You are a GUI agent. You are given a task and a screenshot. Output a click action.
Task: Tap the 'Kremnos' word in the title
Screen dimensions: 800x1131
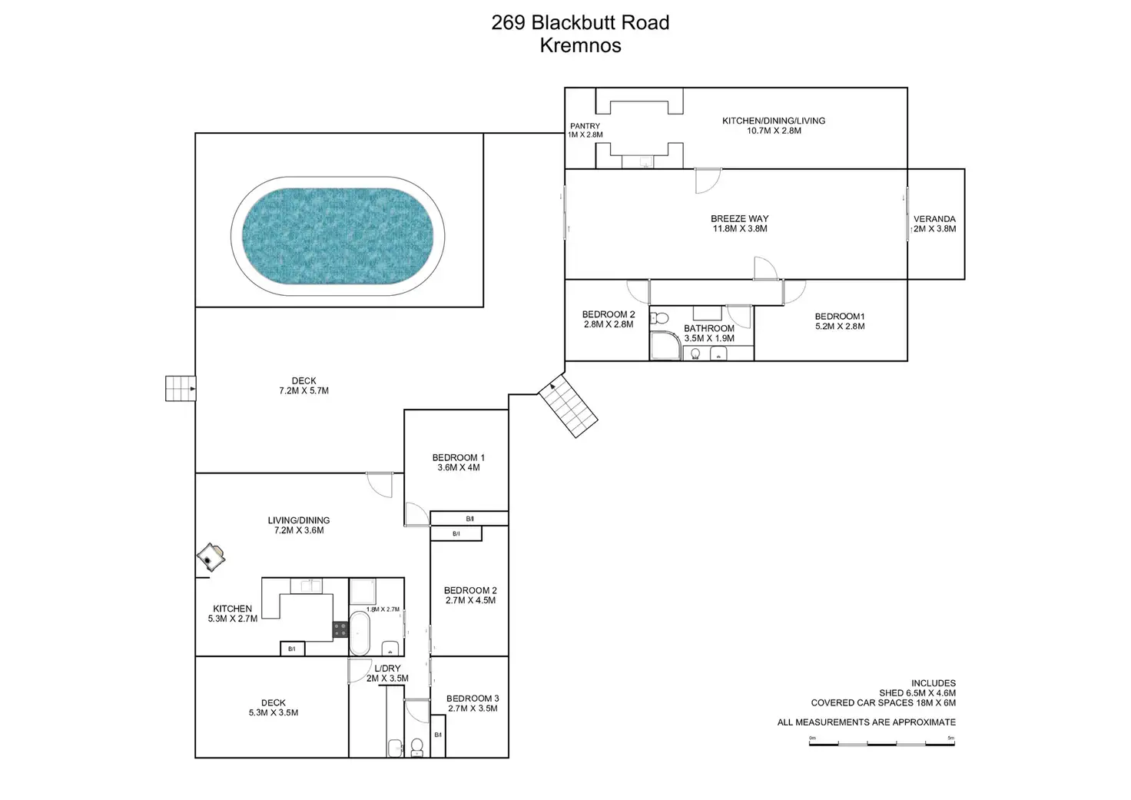[580, 45]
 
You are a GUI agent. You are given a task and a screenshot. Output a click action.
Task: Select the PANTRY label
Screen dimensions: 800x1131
[585, 126]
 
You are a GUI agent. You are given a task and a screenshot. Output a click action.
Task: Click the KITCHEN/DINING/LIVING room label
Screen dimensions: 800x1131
[773, 121]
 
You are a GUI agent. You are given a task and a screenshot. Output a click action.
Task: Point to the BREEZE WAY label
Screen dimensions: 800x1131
[739, 219]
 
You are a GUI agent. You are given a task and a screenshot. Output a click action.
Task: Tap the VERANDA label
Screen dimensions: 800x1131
[934, 219]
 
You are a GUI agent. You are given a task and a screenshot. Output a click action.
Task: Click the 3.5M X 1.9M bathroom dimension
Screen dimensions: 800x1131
[709, 338]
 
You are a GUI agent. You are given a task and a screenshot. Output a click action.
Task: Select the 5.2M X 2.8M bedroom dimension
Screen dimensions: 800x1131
[840, 327]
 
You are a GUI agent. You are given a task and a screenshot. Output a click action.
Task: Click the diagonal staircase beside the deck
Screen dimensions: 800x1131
[568, 407]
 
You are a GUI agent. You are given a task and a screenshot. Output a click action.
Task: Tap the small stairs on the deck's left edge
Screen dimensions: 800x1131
[180, 388]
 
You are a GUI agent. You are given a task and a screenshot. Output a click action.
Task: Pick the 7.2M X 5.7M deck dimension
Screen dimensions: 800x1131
[303, 391]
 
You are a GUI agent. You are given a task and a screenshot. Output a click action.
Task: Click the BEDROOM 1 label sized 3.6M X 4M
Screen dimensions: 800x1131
[458, 457]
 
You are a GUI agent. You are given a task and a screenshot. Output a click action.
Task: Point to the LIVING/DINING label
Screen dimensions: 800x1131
[299, 520]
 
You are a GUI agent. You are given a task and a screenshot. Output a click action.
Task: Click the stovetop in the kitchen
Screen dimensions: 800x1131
[340, 629]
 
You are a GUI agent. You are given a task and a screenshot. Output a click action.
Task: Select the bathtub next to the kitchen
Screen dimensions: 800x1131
[360, 633]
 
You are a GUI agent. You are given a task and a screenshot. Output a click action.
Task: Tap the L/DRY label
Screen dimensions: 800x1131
[387, 669]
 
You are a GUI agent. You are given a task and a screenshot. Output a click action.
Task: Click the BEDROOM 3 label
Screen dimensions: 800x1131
[473, 699]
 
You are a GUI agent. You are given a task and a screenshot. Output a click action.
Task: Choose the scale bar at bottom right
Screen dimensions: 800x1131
[881, 743]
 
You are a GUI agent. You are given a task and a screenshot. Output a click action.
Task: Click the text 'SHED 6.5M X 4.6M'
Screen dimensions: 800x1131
[917, 693]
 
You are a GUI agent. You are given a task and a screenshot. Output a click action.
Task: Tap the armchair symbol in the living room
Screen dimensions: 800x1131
[211, 556]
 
